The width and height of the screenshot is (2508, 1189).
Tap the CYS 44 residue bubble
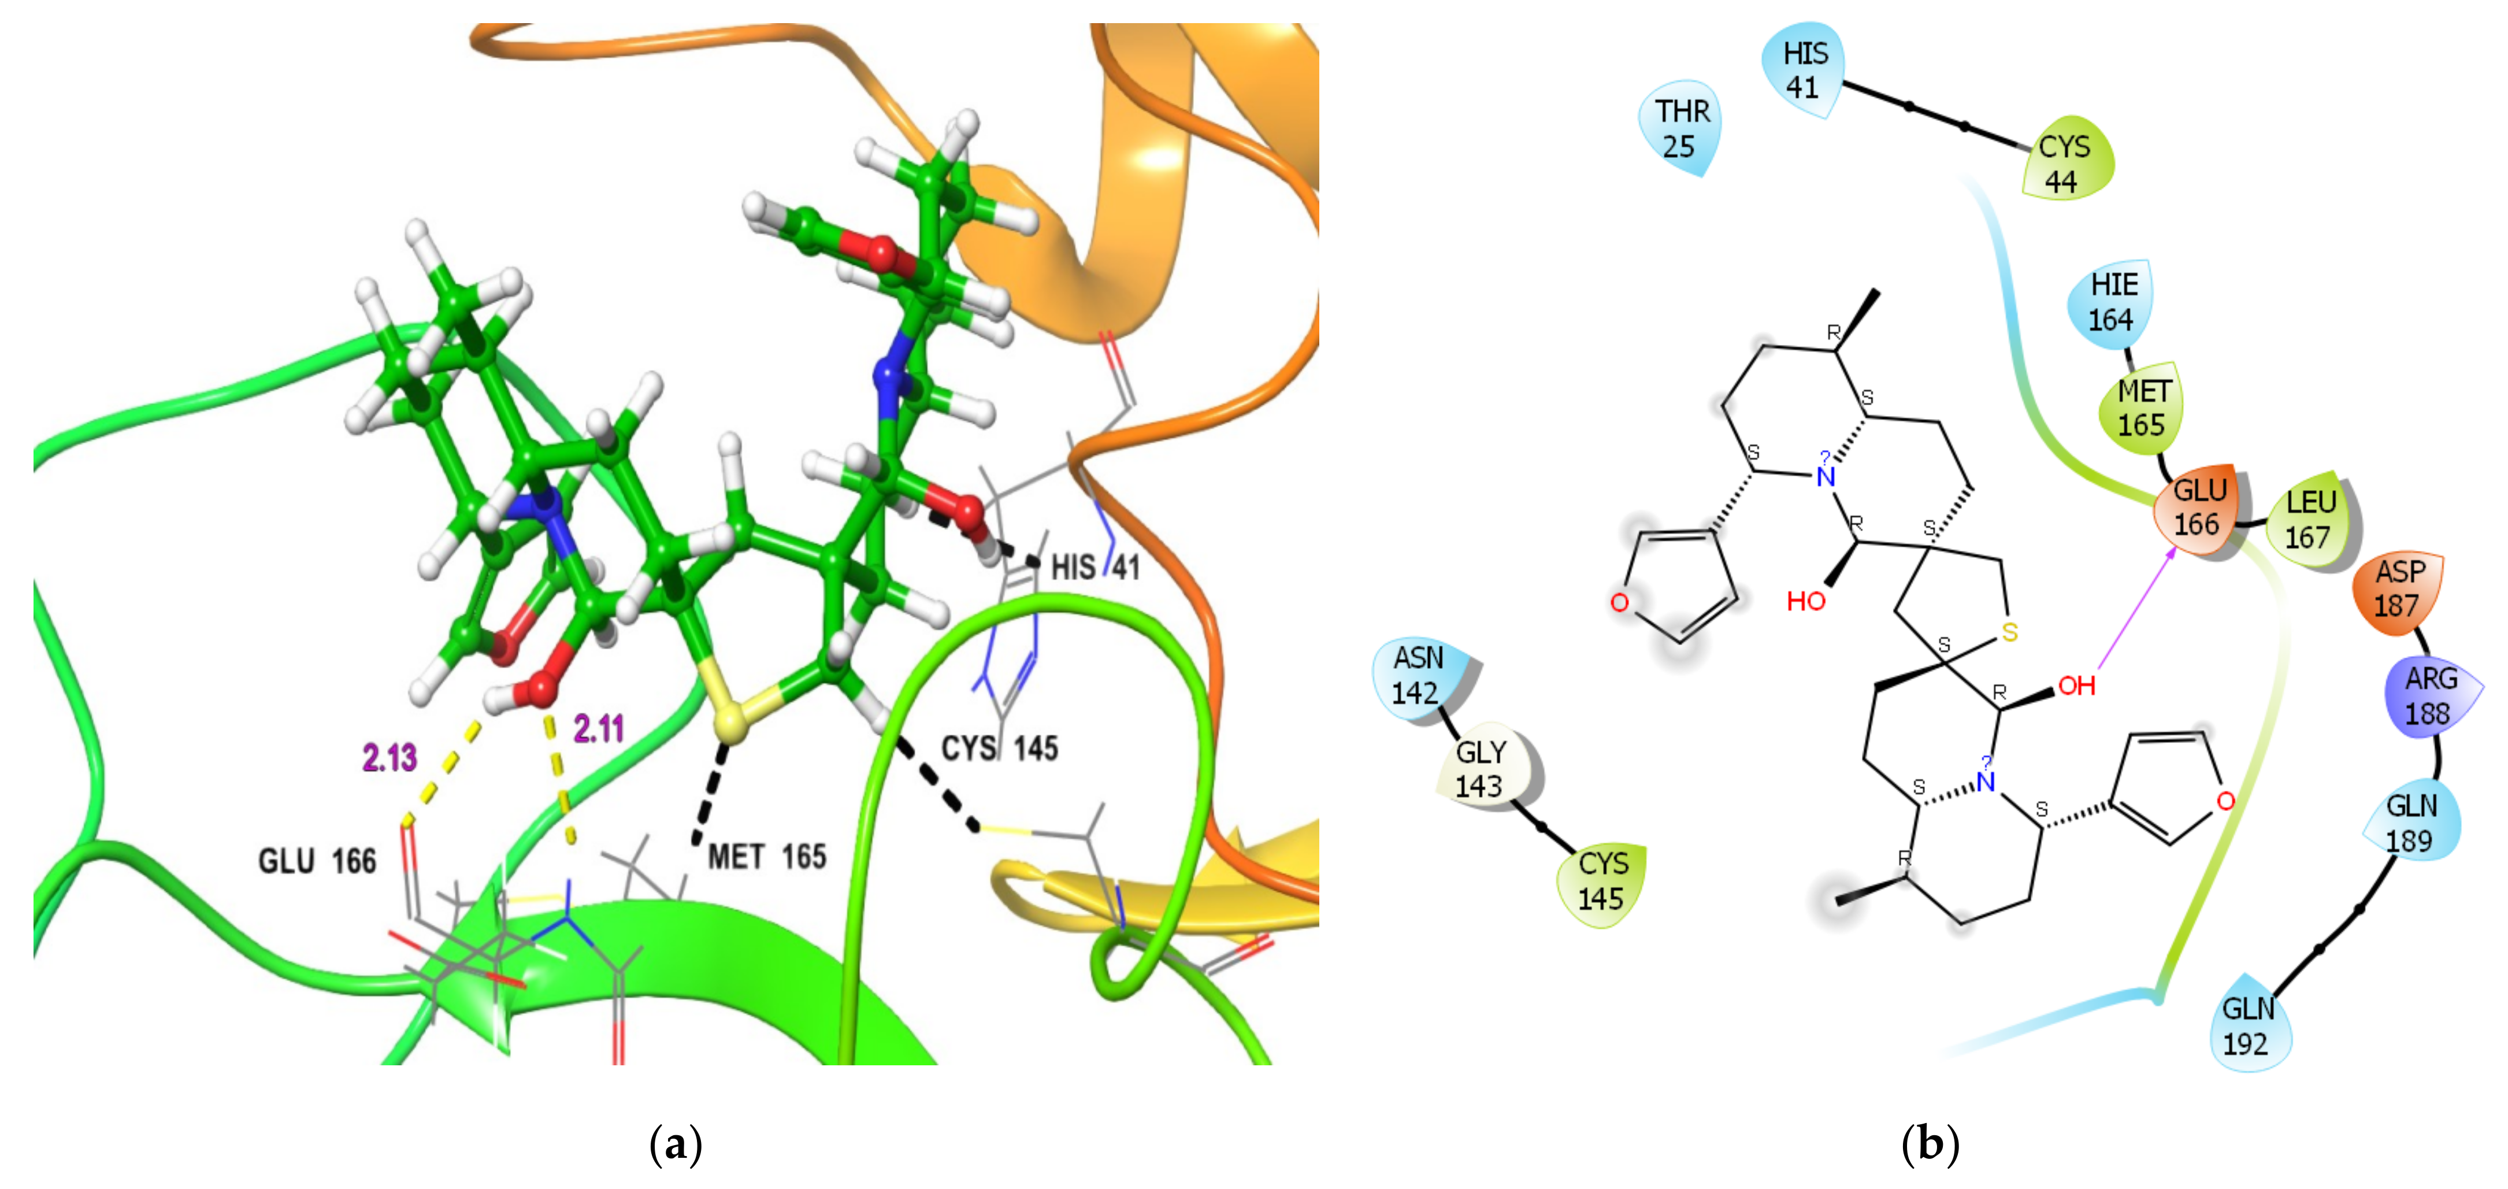coord(2065,164)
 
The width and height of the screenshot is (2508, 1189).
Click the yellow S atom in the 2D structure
coord(2009,633)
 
